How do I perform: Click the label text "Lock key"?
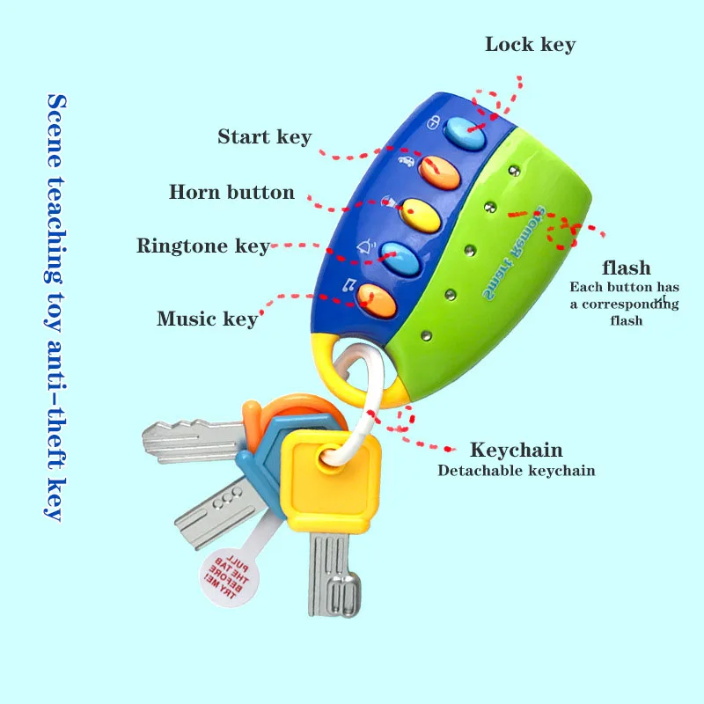pyautogui.click(x=530, y=44)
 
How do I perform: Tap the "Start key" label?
pyautogui.click(x=264, y=136)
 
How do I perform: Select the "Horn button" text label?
pyautogui.click(x=231, y=192)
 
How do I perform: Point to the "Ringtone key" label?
pyautogui.click(x=202, y=246)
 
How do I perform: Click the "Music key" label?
pyautogui.click(x=207, y=318)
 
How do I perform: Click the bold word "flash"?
pyautogui.click(x=626, y=268)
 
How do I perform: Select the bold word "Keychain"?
pyautogui.click(x=516, y=450)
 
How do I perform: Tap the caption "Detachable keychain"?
pyautogui.click(x=516, y=470)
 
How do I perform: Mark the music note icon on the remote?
pyautogui.click(x=350, y=285)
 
